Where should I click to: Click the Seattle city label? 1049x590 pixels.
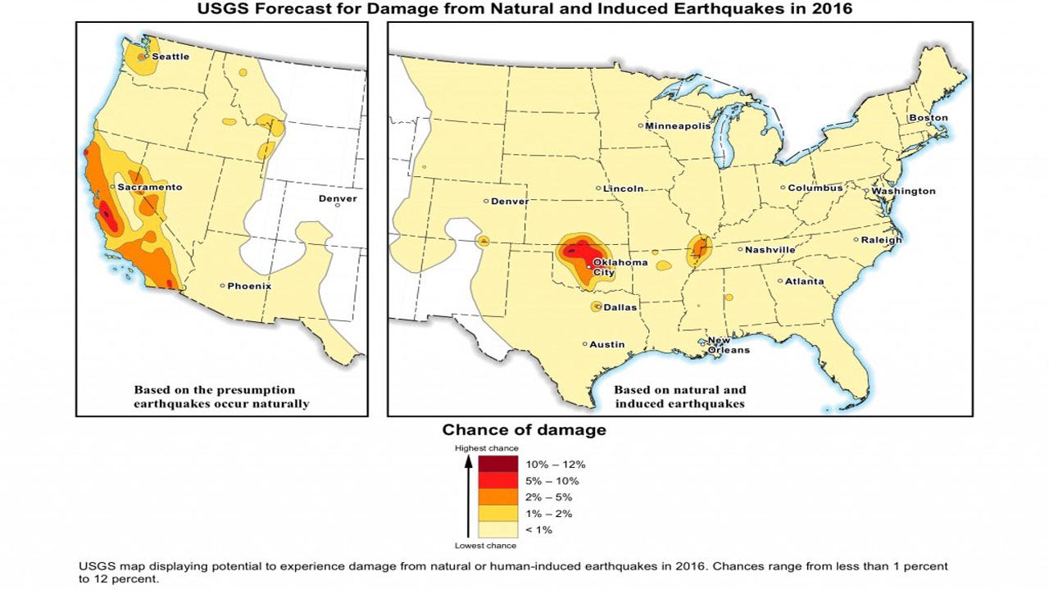pyautogui.click(x=170, y=57)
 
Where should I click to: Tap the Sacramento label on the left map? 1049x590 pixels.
pyautogui.click(x=149, y=187)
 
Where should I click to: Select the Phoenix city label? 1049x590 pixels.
pyautogui.click(x=249, y=286)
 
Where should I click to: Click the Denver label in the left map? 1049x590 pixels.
pyautogui.click(x=338, y=199)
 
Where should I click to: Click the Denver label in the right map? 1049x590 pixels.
pyautogui.click(x=510, y=201)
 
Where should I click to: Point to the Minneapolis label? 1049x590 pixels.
pyautogui.click(x=677, y=126)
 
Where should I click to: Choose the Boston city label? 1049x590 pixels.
pyautogui.click(x=928, y=118)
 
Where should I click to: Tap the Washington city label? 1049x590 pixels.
pyautogui.click(x=903, y=191)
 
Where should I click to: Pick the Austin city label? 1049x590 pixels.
pyautogui.click(x=607, y=344)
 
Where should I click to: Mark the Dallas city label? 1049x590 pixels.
pyautogui.click(x=620, y=307)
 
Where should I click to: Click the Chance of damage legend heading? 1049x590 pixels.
pyautogui.click(x=524, y=429)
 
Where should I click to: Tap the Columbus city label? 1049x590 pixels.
pyautogui.click(x=815, y=188)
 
